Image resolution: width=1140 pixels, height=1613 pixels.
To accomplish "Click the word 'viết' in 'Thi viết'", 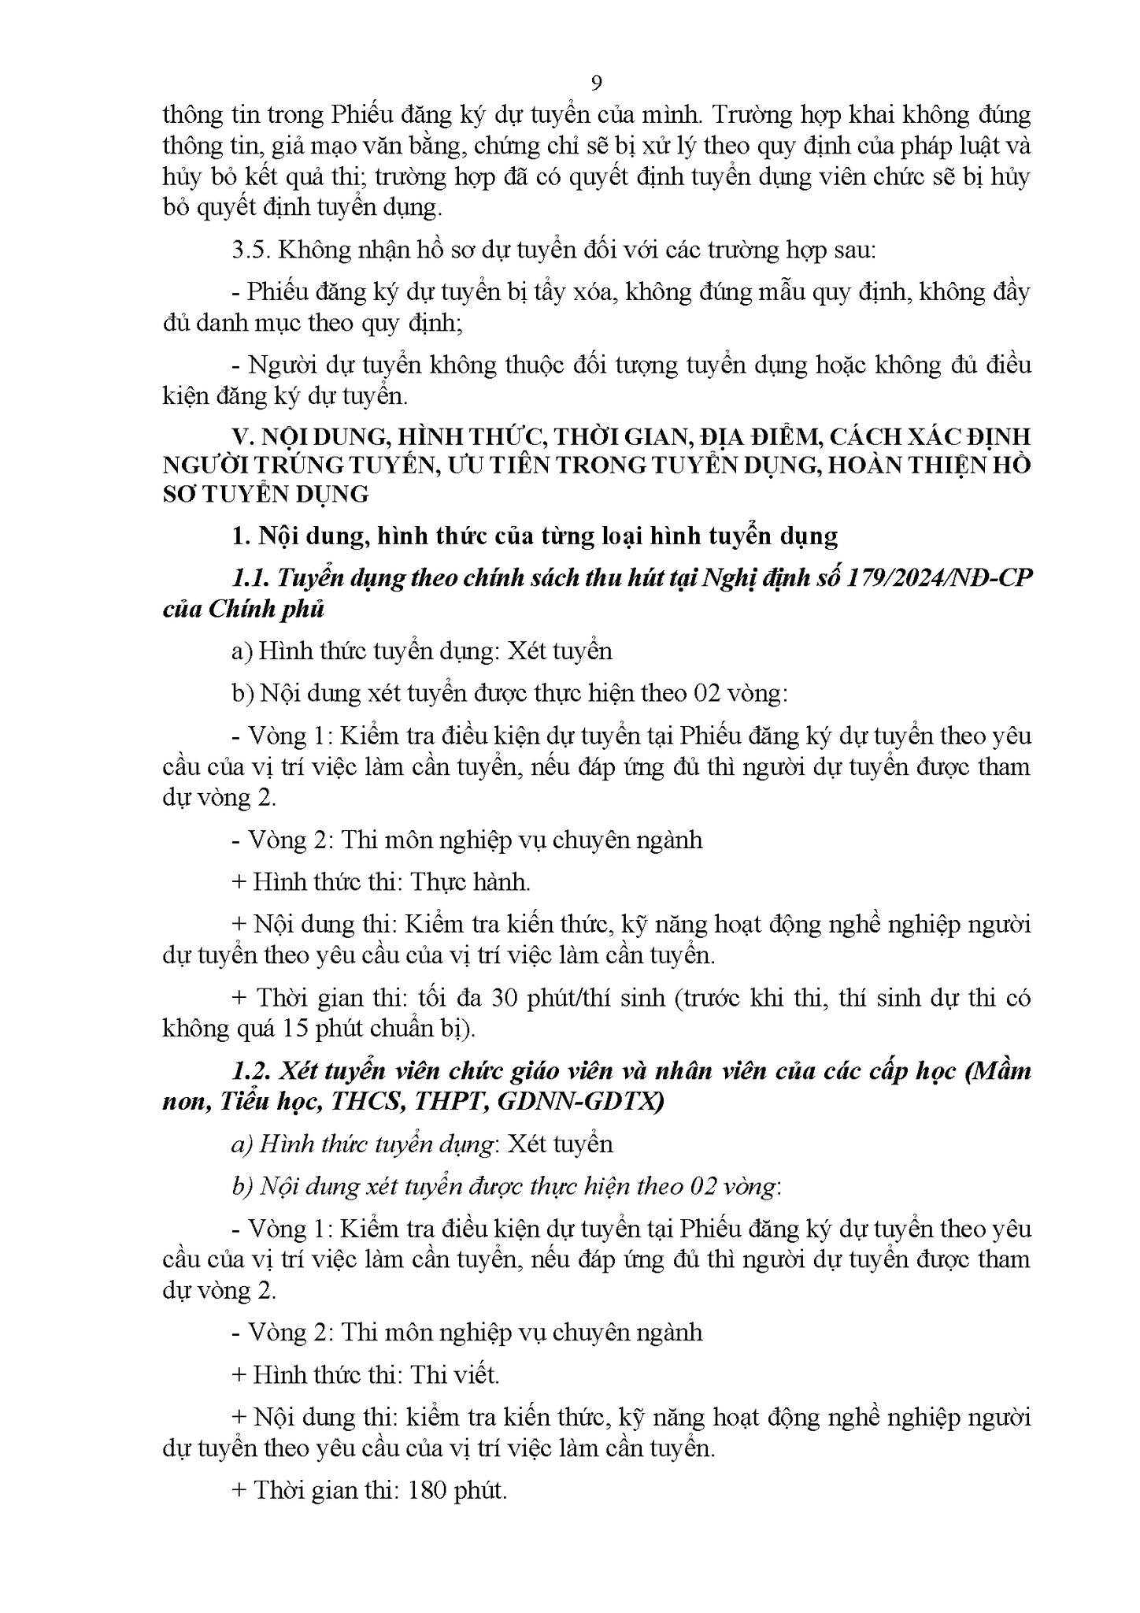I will (475, 1375).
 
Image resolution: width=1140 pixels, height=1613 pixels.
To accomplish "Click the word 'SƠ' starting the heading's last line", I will (180, 495).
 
